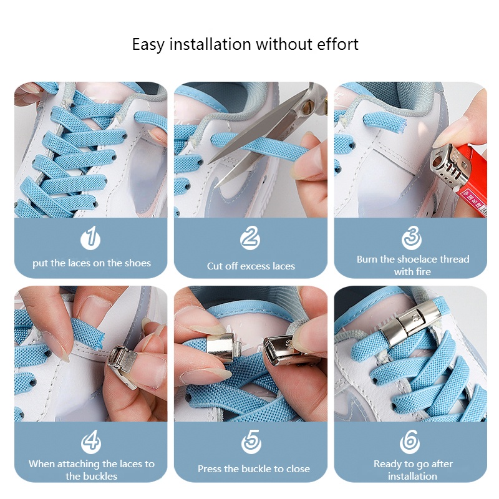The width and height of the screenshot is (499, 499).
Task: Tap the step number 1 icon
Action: [91, 238]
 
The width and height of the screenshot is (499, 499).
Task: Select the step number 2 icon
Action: [249, 238]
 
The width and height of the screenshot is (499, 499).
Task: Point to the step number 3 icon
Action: [411, 238]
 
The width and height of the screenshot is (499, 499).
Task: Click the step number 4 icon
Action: [91, 442]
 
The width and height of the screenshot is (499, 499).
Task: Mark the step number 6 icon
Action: [411, 442]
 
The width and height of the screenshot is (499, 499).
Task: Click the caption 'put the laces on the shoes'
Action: [92, 263]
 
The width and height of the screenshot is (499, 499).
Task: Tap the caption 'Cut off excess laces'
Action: [251, 266]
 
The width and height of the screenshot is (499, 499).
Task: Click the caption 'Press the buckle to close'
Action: [253, 469]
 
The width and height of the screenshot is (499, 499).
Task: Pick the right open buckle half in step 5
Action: [285, 351]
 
